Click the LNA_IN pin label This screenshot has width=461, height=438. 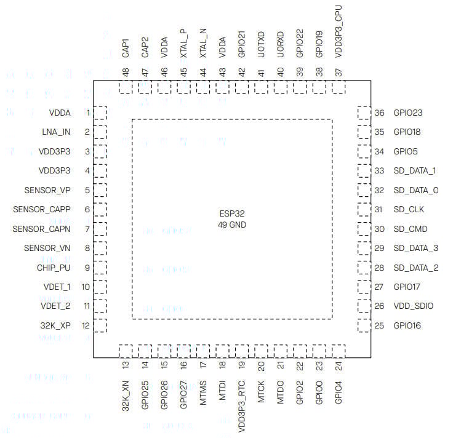57,132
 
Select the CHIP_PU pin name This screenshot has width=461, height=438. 54,268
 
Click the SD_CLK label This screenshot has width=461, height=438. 409,209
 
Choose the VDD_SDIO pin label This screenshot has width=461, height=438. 413,306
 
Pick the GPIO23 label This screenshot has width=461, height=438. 407,113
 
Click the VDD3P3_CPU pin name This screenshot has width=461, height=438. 339,32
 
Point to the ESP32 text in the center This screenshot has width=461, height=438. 231,214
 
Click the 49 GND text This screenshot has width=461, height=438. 231,225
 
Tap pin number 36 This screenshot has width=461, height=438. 380,113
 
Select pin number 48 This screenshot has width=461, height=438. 126,71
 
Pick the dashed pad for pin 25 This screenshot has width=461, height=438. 364,325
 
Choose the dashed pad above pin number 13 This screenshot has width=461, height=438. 126,351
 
